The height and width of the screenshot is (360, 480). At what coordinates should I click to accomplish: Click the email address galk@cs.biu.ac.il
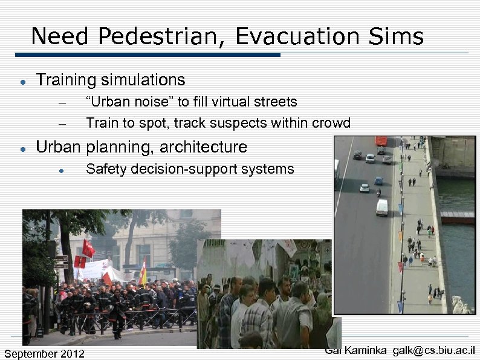[x=433, y=350]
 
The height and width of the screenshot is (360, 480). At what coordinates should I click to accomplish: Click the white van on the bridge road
[x=381, y=207]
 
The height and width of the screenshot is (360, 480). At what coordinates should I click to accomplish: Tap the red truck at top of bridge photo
[x=381, y=141]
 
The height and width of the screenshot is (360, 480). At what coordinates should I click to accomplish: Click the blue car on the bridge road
[x=378, y=180]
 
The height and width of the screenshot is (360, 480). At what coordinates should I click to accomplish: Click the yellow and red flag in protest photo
[x=143, y=273]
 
